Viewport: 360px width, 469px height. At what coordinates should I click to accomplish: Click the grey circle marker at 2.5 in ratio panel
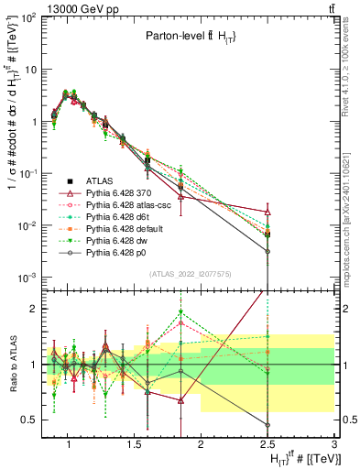click(267, 425)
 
